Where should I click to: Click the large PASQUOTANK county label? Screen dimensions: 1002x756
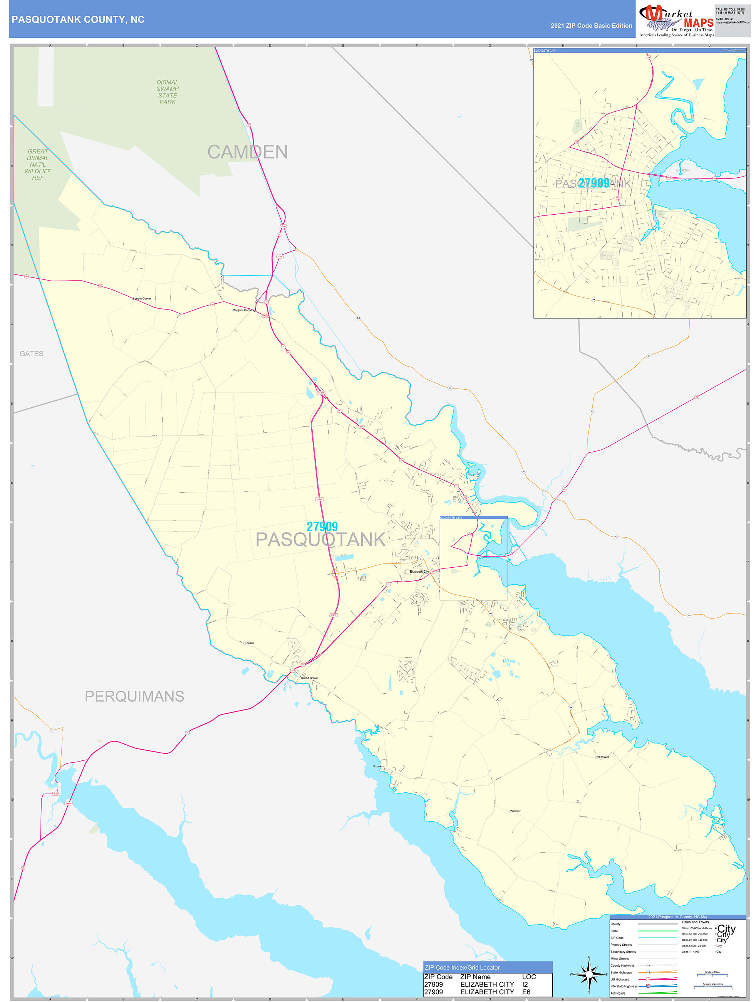tap(320, 540)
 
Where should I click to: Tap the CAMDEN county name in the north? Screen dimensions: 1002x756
tap(247, 152)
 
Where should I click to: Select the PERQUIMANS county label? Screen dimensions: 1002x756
tap(134, 696)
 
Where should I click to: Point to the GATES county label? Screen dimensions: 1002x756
tap(31, 354)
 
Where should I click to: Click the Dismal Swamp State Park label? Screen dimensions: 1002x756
tap(168, 92)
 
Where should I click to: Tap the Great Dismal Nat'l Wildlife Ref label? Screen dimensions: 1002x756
tap(38, 165)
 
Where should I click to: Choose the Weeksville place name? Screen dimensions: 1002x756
tap(603, 757)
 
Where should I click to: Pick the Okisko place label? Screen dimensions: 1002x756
tap(250, 643)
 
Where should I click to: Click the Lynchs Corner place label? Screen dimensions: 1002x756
tap(142, 299)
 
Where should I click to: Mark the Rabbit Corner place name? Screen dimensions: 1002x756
tap(310, 678)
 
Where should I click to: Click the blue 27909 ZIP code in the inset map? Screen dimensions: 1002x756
tap(593, 183)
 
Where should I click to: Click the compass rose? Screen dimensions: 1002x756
tap(589, 973)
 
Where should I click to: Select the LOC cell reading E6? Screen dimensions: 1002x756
tap(526, 992)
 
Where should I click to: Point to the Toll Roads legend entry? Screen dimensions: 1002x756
tap(618, 994)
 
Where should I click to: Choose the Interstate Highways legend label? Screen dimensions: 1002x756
tap(624, 986)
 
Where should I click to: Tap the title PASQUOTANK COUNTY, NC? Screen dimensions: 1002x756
tap(78, 20)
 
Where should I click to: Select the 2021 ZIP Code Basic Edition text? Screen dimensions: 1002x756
tap(591, 26)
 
